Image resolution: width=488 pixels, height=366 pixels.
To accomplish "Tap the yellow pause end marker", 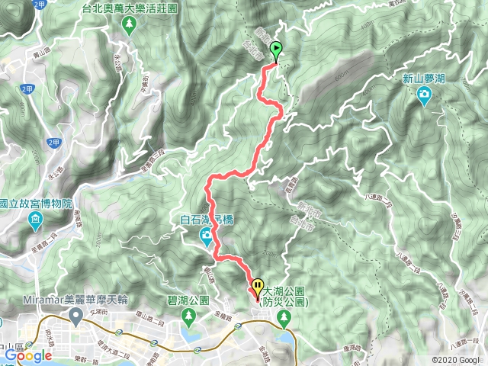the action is pyautogui.click(x=255, y=287).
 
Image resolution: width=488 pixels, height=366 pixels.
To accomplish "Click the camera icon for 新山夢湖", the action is pyautogui.click(x=423, y=94).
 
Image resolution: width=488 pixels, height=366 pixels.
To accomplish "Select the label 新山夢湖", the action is pyautogui.click(x=423, y=79).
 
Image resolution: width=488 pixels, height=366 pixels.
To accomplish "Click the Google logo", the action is pyautogui.click(x=27, y=355).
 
